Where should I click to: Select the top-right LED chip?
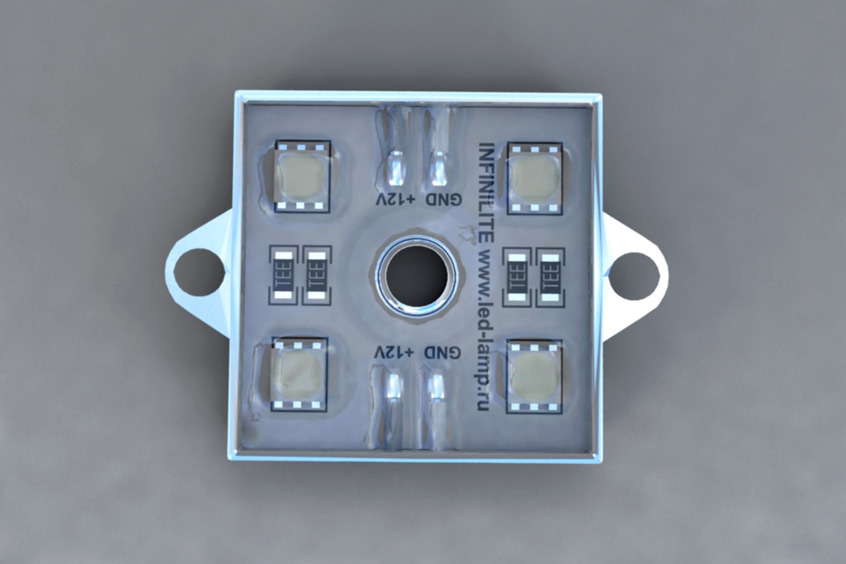coord(534,178)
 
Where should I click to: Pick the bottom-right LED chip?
coord(534,376)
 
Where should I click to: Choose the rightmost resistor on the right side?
coord(550,276)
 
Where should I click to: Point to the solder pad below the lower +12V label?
coord(394,389)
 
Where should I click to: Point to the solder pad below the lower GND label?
coord(436,389)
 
